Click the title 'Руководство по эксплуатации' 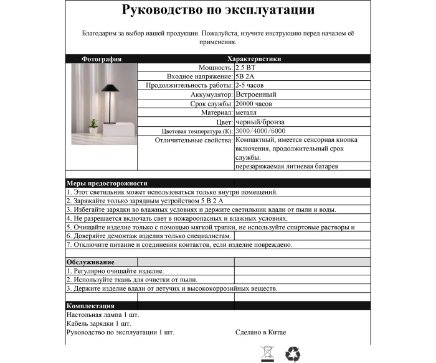[218, 11]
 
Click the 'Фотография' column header [102, 59]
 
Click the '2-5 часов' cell [249, 85]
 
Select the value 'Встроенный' [256, 94]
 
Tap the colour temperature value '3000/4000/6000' [261, 132]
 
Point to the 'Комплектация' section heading [90, 306]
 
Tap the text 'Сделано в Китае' [261, 333]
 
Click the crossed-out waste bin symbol [267, 354]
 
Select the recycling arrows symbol [293, 354]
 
